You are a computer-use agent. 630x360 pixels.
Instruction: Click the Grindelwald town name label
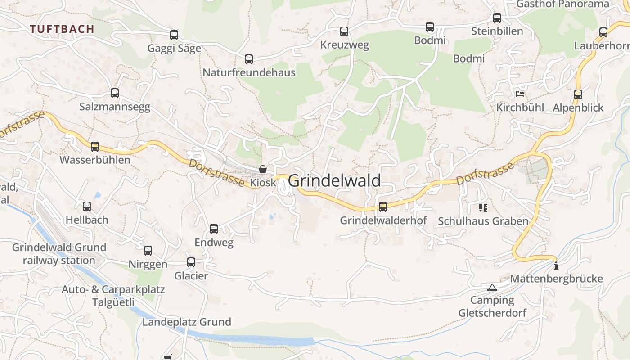point(334,180)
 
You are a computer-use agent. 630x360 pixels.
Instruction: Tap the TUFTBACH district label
point(62,29)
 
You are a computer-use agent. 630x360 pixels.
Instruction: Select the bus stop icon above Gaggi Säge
point(174,35)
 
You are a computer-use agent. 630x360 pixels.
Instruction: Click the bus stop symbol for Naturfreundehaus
point(249,59)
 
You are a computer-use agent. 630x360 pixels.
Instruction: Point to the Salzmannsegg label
point(115,107)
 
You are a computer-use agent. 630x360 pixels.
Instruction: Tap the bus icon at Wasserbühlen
point(95,146)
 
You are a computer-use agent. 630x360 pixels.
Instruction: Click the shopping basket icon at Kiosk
point(263,169)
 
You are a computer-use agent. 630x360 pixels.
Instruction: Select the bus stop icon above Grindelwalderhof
point(383,207)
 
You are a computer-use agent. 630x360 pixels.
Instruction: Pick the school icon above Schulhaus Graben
point(483,207)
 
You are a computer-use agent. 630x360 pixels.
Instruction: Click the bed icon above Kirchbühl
point(520,94)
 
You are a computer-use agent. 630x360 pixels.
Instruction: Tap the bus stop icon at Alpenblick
point(578,94)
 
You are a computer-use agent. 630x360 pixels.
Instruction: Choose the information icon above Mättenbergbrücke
point(556,265)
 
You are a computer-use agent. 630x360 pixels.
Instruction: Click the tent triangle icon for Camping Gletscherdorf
point(492,287)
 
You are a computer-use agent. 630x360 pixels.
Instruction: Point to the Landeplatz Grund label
point(187,322)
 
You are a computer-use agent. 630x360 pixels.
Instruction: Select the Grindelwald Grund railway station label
point(59,254)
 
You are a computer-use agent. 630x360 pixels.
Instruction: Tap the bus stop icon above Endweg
point(214,229)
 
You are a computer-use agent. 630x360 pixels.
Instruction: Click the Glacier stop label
point(191,276)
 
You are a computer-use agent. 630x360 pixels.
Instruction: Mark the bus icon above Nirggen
point(148,251)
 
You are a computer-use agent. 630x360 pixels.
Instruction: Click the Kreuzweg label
point(344,45)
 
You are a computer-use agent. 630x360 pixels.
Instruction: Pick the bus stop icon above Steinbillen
point(497,18)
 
